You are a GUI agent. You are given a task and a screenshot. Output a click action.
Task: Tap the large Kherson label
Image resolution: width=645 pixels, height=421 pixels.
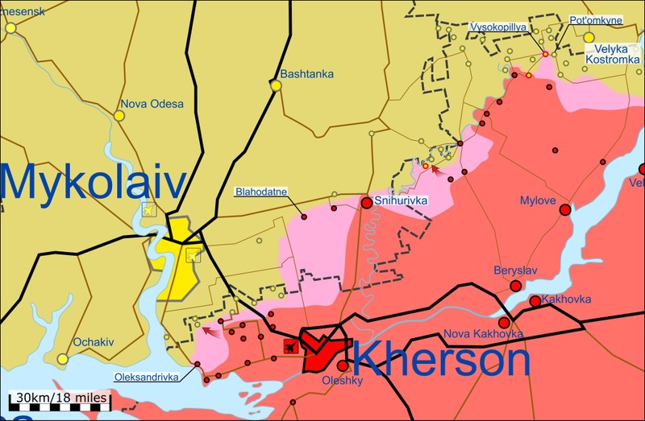point(440,359)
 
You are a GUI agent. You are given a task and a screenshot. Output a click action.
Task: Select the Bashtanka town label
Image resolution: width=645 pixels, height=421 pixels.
point(306,74)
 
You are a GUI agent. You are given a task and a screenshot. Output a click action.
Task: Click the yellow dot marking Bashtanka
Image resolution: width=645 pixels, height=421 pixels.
point(274,84)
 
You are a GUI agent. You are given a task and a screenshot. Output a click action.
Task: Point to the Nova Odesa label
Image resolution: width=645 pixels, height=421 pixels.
point(152,104)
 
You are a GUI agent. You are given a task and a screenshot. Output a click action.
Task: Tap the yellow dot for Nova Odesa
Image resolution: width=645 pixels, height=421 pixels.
point(119,116)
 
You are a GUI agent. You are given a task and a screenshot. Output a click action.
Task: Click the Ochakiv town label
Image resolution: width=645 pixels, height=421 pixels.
point(94,342)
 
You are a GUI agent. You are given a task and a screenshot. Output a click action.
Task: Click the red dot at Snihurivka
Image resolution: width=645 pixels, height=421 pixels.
point(367,203)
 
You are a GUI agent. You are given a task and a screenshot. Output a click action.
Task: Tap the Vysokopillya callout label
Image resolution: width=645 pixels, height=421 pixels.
point(498,27)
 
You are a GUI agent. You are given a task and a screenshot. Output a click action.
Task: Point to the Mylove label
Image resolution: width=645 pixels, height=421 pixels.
point(538,200)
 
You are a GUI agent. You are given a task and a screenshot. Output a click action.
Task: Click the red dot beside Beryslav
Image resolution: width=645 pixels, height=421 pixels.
point(516,286)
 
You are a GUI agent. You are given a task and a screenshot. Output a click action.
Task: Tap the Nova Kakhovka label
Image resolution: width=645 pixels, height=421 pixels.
point(483,333)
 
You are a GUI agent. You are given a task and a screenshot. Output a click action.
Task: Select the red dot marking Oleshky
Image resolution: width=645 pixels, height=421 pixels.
point(343,365)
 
